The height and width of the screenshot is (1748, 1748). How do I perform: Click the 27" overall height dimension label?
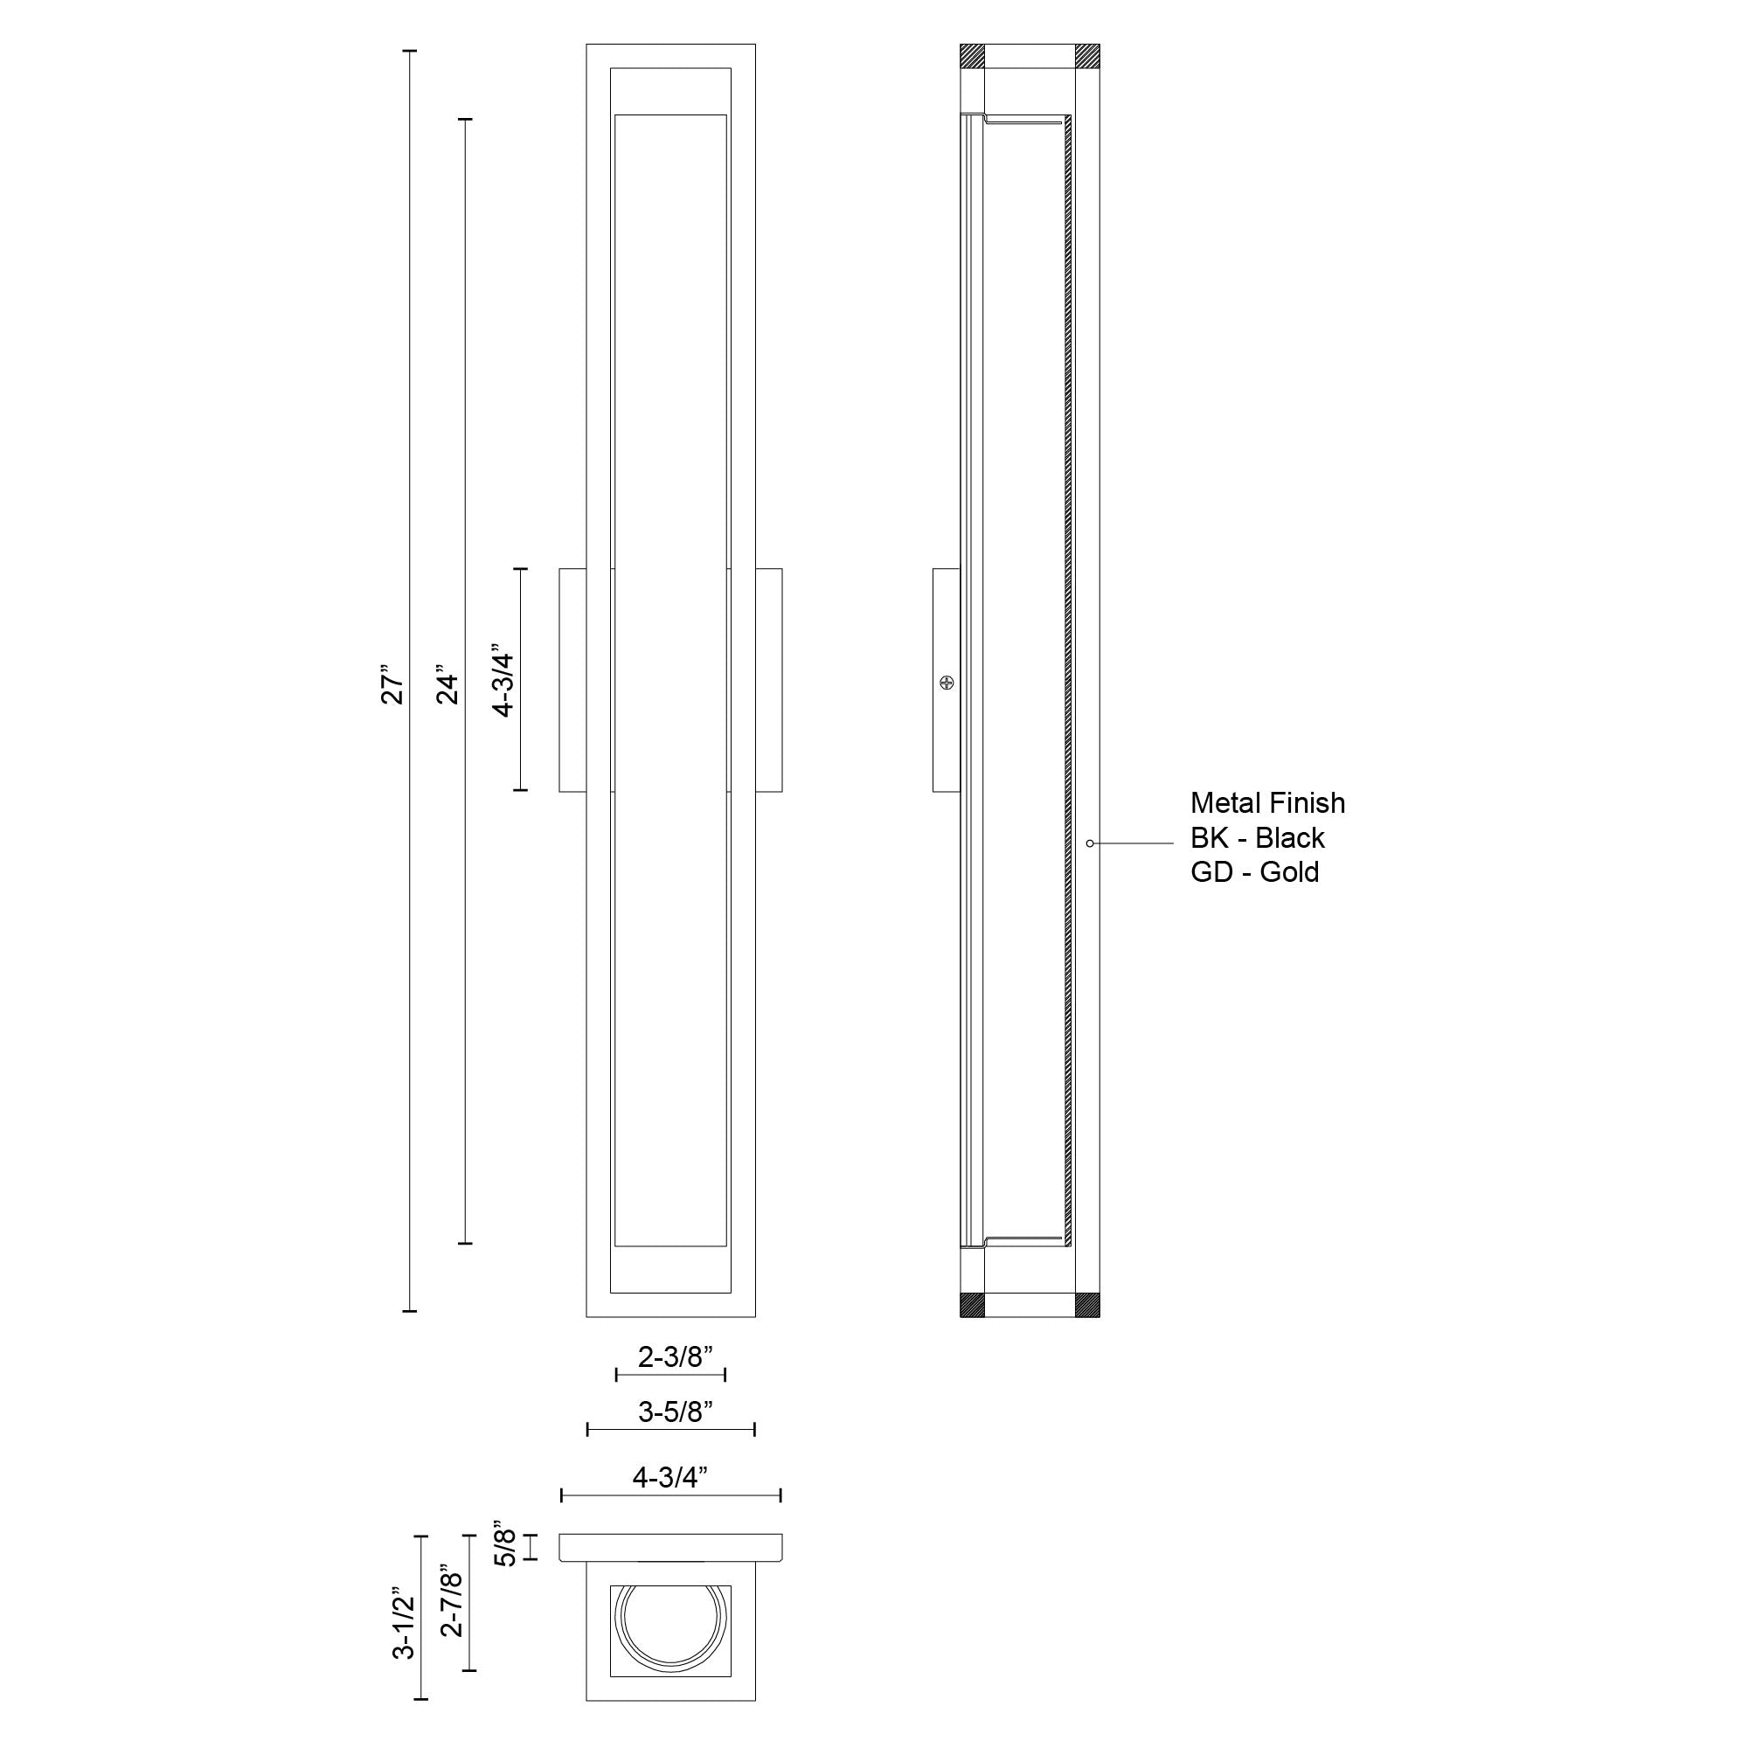[x=391, y=688]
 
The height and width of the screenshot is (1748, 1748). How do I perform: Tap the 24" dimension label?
[x=447, y=688]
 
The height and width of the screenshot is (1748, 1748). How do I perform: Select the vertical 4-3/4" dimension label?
[x=503, y=680]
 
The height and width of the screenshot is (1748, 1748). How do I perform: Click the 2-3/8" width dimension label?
[x=675, y=1356]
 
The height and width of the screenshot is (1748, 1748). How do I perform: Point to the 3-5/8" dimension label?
[x=675, y=1412]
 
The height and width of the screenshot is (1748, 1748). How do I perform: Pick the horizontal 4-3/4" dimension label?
[x=669, y=1477]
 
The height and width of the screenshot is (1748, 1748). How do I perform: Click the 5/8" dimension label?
[x=505, y=1546]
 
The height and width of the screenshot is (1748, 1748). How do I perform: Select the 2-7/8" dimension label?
[x=452, y=1601]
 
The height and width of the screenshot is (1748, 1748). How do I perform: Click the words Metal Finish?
[x=1266, y=802]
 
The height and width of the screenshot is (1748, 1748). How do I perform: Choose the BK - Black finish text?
[x=1257, y=838]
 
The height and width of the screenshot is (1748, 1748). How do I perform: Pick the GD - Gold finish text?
[x=1254, y=872]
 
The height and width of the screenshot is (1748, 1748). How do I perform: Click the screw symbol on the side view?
[x=947, y=683]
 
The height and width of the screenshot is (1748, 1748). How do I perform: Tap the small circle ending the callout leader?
[x=1090, y=843]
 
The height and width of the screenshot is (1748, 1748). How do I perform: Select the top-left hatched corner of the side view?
[x=972, y=56]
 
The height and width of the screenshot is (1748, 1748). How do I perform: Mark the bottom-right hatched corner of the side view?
[x=1087, y=1305]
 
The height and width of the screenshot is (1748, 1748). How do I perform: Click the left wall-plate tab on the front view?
[x=572, y=680]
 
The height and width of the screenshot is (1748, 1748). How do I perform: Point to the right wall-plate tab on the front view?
[x=769, y=680]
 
